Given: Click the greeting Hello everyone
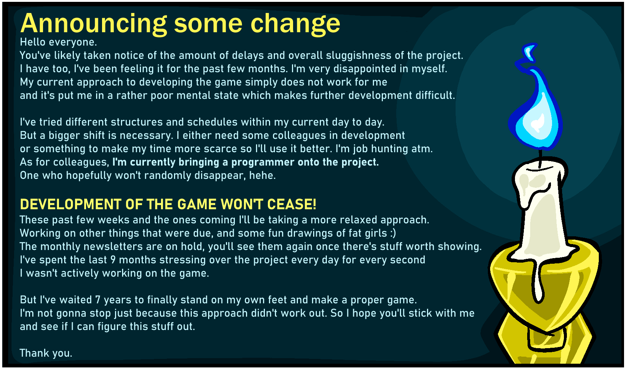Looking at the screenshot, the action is [x=59, y=42].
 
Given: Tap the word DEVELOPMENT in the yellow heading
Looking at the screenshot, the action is [x=71, y=204].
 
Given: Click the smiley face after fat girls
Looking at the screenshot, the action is [x=393, y=233].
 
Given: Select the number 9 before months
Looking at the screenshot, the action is [x=113, y=260].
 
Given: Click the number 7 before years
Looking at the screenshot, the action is [x=98, y=300].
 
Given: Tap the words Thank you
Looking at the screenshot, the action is [x=46, y=353].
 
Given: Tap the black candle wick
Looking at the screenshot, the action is [x=540, y=159].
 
